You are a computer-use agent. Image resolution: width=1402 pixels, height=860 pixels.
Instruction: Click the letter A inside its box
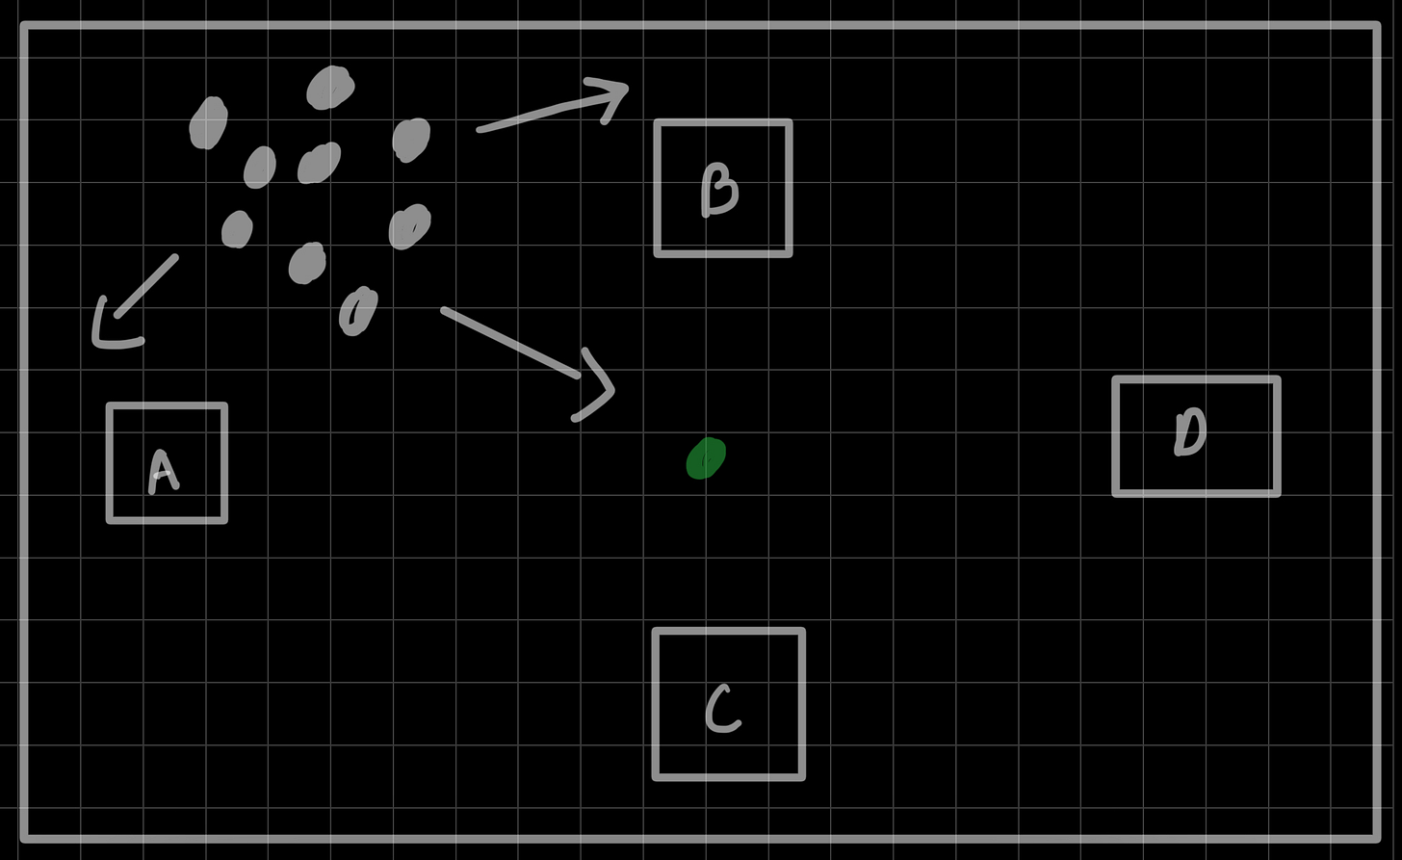coord(164,471)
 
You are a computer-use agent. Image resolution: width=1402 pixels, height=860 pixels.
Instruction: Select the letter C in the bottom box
coord(723,710)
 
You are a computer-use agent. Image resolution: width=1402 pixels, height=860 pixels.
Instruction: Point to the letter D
coord(1191,431)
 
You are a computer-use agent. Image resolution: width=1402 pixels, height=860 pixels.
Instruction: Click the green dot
coord(706,458)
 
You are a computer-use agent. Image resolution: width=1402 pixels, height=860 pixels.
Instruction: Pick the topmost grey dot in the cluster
coord(330,87)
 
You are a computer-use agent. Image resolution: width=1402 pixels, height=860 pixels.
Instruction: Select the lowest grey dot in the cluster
coord(358,311)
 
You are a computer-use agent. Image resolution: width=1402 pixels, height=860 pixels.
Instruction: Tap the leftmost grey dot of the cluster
coord(208,123)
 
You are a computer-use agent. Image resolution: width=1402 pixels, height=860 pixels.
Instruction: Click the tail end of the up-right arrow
coord(480,129)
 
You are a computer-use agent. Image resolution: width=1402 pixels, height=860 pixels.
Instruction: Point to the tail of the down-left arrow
coord(175,257)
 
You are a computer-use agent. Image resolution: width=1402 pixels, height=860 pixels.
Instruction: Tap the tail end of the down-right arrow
coord(444,310)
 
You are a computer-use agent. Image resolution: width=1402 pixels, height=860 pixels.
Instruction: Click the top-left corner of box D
coord(1116,380)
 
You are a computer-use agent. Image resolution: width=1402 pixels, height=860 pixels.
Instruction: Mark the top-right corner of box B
coord(789,123)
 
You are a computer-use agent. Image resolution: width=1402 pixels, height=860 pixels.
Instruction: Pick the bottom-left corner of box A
coord(111,520)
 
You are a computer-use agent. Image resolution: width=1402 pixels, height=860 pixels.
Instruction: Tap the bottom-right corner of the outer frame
coord(1377,837)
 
